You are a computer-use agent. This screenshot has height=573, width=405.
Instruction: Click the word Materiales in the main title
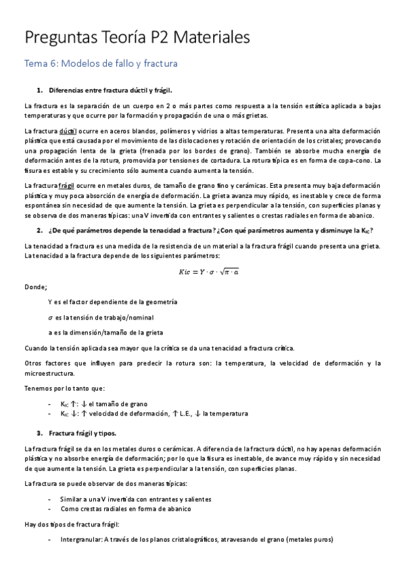click(x=210, y=36)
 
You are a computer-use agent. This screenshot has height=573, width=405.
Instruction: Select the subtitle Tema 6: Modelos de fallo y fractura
click(x=100, y=65)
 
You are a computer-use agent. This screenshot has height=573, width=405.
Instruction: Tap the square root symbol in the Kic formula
click(x=220, y=272)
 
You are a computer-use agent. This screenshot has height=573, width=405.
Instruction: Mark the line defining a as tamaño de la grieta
click(x=105, y=332)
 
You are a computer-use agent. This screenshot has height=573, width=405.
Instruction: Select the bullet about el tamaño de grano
click(x=95, y=403)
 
